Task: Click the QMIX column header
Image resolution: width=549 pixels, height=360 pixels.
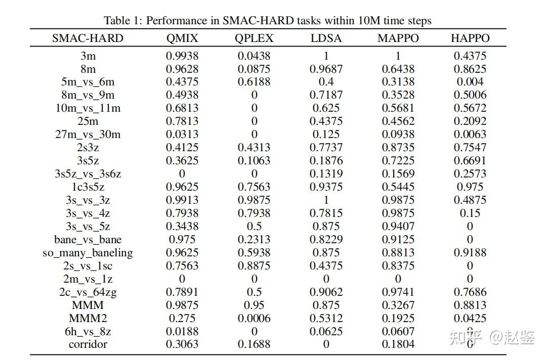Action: [182, 38]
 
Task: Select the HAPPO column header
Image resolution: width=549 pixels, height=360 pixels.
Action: [470, 38]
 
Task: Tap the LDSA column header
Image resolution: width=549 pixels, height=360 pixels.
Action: [326, 38]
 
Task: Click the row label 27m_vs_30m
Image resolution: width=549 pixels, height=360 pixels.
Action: [88, 134]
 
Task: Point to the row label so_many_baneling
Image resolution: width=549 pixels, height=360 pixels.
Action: [88, 253]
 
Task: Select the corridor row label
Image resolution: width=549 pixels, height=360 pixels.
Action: [88, 344]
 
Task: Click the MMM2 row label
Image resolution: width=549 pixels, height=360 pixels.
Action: [88, 319]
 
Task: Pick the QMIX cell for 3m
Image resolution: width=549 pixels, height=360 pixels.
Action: [182, 56]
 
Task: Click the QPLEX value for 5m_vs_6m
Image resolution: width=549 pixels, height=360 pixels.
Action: [254, 82]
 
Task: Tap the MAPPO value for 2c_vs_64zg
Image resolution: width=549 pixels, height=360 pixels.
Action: [398, 292]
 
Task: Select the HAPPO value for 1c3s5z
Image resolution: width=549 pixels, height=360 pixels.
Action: [470, 187]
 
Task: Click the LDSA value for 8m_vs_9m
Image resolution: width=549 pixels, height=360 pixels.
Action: [326, 95]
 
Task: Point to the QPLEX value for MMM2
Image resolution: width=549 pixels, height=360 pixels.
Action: [254, 319]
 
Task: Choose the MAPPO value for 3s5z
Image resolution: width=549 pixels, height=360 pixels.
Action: [398, 161]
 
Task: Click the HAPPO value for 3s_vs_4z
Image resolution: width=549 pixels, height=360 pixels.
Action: [470, 213]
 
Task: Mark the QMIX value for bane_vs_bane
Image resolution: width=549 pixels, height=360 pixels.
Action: [182, 240]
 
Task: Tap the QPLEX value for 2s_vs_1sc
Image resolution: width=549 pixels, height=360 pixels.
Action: [254, 266]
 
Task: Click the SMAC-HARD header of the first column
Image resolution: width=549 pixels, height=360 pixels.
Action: [88, 38]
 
